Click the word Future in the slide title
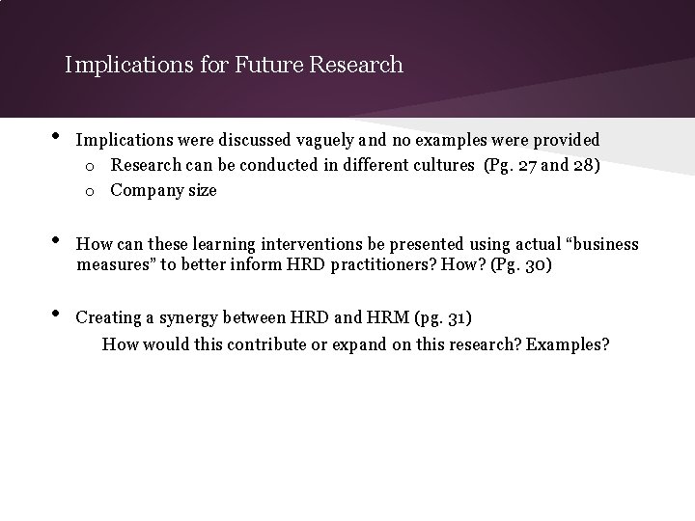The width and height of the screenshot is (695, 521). pyautogui.click(x=267, y=66)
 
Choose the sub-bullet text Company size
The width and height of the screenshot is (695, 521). pyautogui.click(x=163, y=190)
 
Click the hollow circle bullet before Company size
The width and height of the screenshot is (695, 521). pyautogui.click(x=88, y=191)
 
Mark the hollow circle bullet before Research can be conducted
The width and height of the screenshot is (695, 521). pyautogui.click(x=88, y=166)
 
